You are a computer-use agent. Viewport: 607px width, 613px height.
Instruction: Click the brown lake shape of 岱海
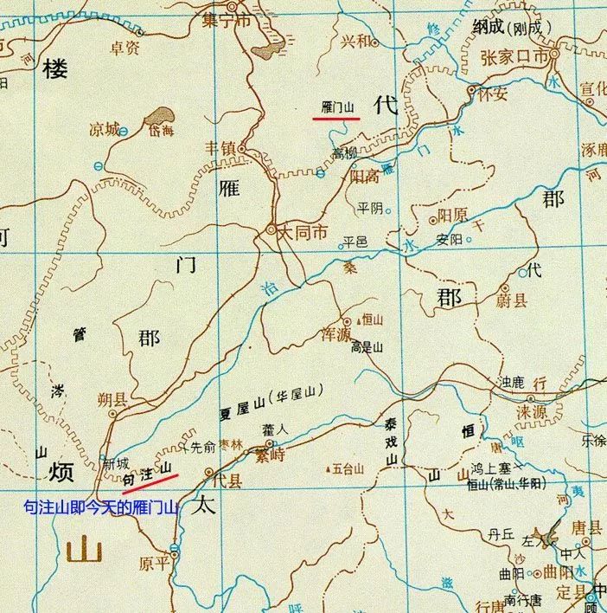[157, 115]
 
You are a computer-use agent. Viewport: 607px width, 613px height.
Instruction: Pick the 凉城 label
[103, 129]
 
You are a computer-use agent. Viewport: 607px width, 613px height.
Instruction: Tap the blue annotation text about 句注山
[100, 507]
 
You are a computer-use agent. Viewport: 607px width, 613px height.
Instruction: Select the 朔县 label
[112, 399]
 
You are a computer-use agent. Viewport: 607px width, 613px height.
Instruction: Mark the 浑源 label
[335, 333]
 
